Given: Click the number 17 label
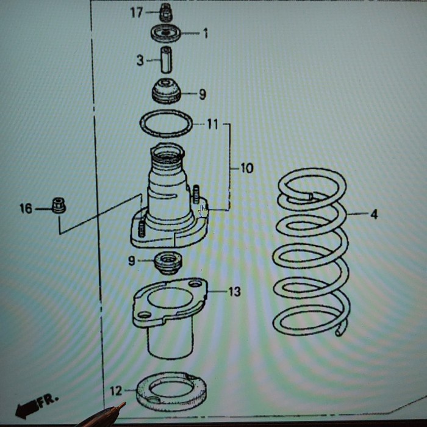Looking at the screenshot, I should tap(137, 12).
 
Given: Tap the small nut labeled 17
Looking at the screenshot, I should tap(165, 12).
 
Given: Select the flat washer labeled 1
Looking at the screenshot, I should tap(166, 33).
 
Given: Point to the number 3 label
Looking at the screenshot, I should tap(140, 60).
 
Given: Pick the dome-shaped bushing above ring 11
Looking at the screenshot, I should tap(167, 91).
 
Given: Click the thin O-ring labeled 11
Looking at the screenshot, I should tap(166, 124).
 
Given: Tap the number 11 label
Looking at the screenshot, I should tap(212, 124).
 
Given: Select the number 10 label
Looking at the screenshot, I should tap(246, 168).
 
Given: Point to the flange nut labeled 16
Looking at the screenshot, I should tap(59, 206).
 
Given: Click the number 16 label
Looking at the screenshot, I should tap(26, 209).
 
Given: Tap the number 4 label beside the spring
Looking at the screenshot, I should tap(373, 214).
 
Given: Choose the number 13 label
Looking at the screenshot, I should tap(234, 292).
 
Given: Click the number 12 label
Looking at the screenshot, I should tap(116, 390).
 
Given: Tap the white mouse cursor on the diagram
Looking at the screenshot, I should tap(203, 212).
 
